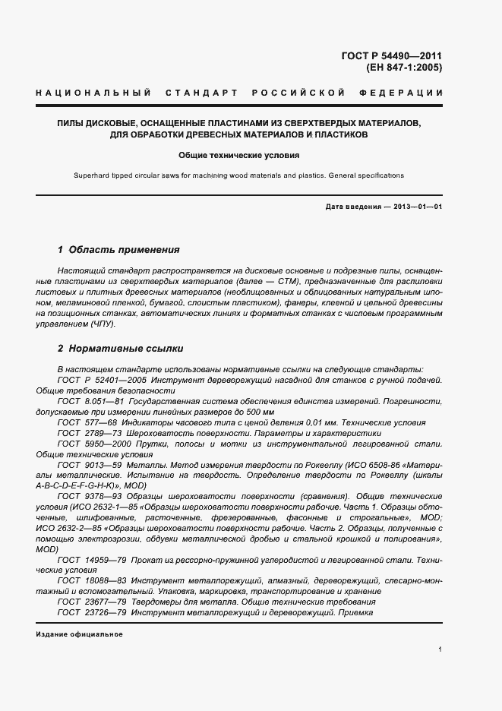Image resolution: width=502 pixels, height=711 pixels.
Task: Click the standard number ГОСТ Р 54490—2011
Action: coord(396,56)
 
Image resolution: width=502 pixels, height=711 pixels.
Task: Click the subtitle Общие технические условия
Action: coord(239,154)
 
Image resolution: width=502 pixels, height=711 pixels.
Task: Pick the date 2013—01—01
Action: coord(417,207)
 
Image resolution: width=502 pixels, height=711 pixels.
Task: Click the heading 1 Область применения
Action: coord(118,249)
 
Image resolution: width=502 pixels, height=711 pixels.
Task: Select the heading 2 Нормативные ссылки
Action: coord(121,349)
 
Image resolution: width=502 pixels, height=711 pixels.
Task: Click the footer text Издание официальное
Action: coord(79,634)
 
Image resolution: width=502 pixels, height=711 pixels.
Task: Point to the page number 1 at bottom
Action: coord(440,649)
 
